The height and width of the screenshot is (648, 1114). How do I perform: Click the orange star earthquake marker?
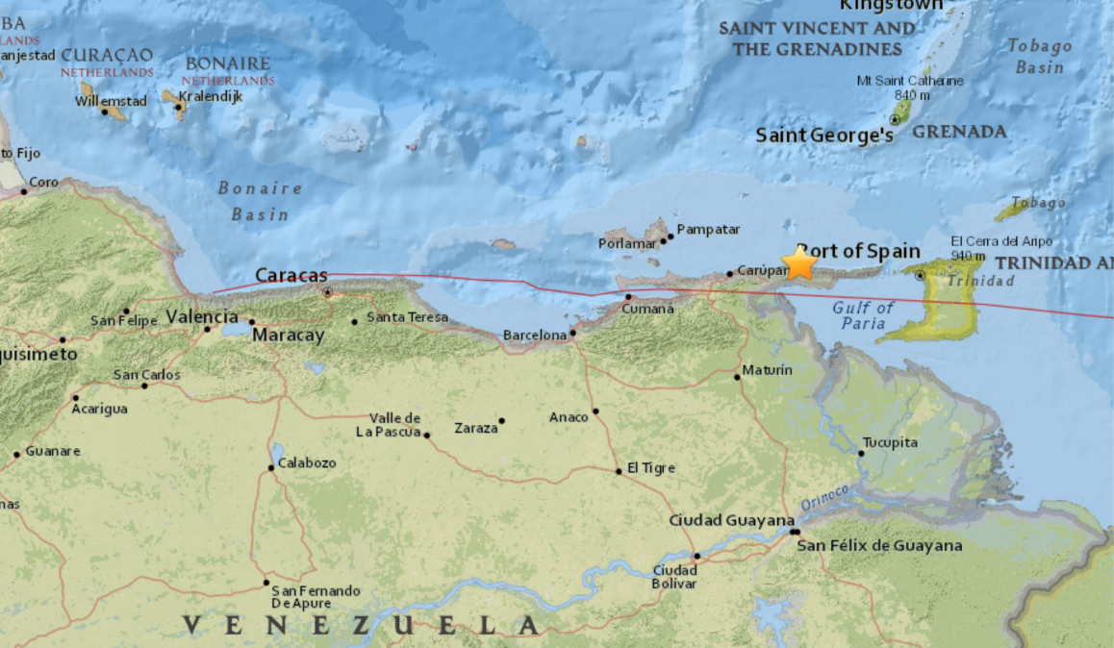tap(799, 262)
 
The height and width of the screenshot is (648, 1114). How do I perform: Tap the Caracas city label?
tap(291, 276)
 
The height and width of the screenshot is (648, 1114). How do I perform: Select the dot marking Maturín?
tap(738, 377)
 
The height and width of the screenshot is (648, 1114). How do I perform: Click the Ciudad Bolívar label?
tap(674, 577)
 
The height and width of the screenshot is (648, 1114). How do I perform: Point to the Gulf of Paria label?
tap(863, 315)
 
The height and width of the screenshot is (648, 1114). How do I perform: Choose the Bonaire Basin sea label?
tap(260, 201)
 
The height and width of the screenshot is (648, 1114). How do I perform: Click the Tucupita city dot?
tap(861, 453)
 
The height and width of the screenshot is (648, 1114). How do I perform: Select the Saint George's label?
tap(824, 136)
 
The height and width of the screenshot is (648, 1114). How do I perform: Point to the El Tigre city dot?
tap(620, 471)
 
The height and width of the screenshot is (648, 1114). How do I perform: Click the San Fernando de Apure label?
tap(316, 596)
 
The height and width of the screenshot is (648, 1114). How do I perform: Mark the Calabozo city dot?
tap(271, 468)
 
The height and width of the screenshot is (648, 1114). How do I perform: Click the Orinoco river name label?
tap(824, 497)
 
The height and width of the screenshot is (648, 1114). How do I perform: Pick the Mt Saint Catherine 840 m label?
tap(909, 87)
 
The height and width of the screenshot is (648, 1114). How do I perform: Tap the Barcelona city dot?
tap(573, 334)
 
